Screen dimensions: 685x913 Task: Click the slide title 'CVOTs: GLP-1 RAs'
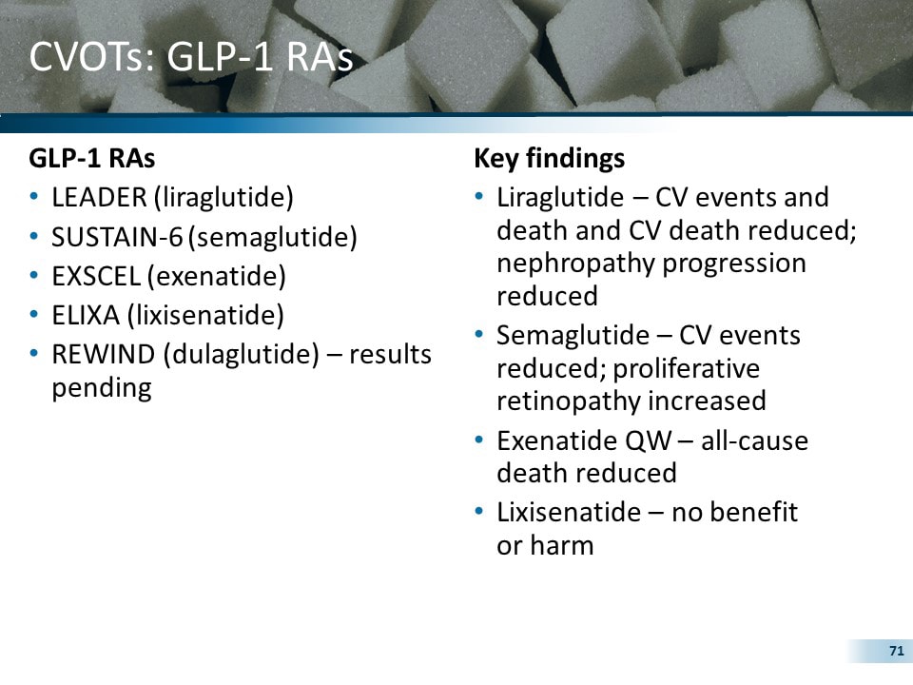[191, 57]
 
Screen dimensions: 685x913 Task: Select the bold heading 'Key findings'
[549, 158]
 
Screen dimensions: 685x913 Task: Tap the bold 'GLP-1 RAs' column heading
[91, 158]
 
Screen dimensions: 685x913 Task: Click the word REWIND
[102, 354]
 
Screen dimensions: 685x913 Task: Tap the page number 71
[895, 651]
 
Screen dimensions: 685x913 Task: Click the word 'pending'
[102, 388]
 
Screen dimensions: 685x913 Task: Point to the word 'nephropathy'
[575, 263]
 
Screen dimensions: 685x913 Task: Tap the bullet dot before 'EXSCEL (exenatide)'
[34, 276]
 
